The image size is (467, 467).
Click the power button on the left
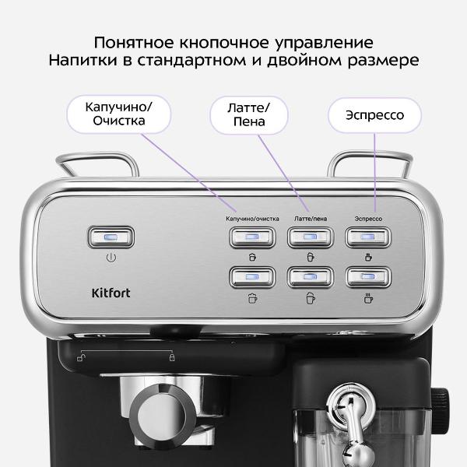[111, 237]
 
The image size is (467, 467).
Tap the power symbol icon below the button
[111, 257]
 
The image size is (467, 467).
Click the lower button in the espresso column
[367, 276]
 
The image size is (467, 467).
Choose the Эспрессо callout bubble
[375, 116]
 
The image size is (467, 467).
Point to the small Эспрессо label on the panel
[367, 219]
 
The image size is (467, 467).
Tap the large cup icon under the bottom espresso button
[367, 297]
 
